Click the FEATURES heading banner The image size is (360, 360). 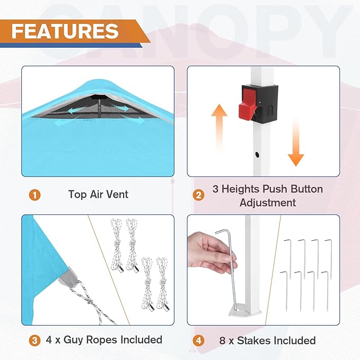pos(65,31)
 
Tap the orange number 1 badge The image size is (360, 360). pos(34,195)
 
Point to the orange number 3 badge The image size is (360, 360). pos(34,340)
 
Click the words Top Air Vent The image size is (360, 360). pos(98,195)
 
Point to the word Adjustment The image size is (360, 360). pos(267,203)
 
